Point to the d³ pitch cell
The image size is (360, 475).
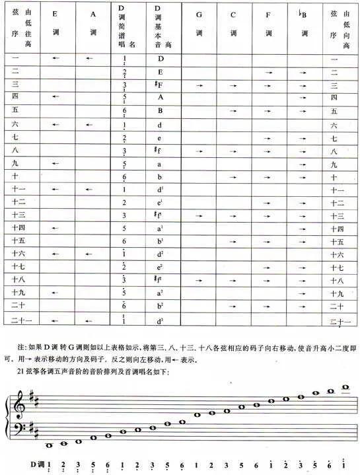[159, 322]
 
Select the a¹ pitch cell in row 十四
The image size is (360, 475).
[159, 227]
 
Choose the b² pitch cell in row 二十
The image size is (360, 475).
[159, 306]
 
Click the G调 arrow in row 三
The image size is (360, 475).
[199, 85]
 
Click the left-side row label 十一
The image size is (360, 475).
[18, 190]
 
